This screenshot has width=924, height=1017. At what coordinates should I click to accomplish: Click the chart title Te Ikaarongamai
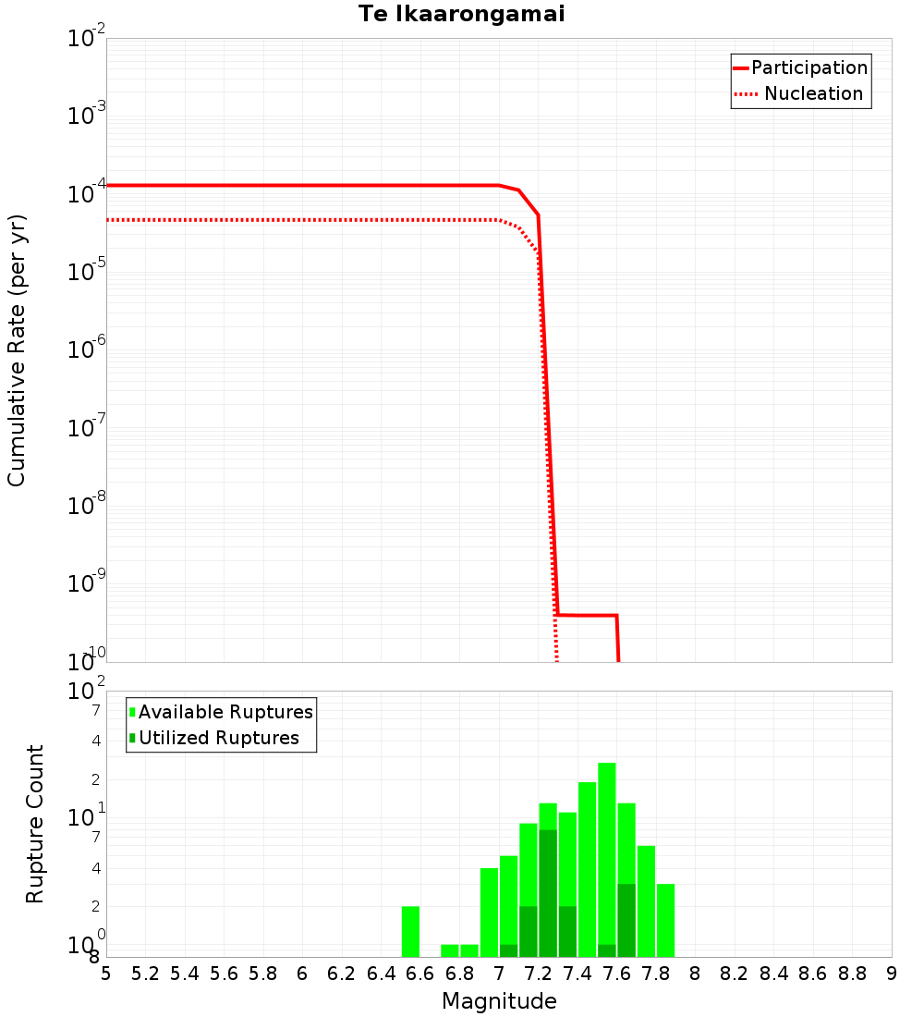[x=462, y=14]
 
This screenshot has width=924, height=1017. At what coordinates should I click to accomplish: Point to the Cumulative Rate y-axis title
[x=17, y=350]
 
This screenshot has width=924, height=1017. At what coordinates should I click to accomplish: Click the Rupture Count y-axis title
[x=35, y=824]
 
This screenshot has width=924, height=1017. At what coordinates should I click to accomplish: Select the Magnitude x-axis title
[x=499, y=1001]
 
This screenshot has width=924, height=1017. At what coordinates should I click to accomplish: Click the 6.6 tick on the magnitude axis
[x=420, y=974]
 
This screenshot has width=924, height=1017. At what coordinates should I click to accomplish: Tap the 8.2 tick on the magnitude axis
[x=735, y=974]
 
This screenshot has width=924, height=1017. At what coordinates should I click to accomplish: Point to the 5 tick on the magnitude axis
[x=106, y=974]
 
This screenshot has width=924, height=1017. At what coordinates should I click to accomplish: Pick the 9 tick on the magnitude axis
[x=892, y=974]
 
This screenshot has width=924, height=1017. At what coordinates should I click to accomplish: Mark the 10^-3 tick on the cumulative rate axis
[x=88, y=116]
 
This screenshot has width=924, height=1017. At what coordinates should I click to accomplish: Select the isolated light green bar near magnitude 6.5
[x=411, y=932]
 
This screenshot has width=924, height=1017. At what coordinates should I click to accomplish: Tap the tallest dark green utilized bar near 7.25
[x=548, y=892]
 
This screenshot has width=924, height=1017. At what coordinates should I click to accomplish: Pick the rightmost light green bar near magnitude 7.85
[x=666, y=920]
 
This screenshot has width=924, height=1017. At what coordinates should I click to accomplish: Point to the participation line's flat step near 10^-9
[x=588, y=615]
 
